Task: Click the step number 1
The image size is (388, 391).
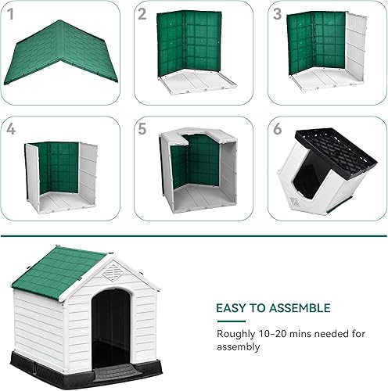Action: click(10, 14)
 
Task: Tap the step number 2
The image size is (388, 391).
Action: click(142, 14)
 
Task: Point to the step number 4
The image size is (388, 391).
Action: click(10, 129)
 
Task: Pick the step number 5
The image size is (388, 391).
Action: click(143, 129)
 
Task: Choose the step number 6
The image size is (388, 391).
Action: click(278, 129)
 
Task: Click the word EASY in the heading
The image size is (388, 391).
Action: click(232, 308)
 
